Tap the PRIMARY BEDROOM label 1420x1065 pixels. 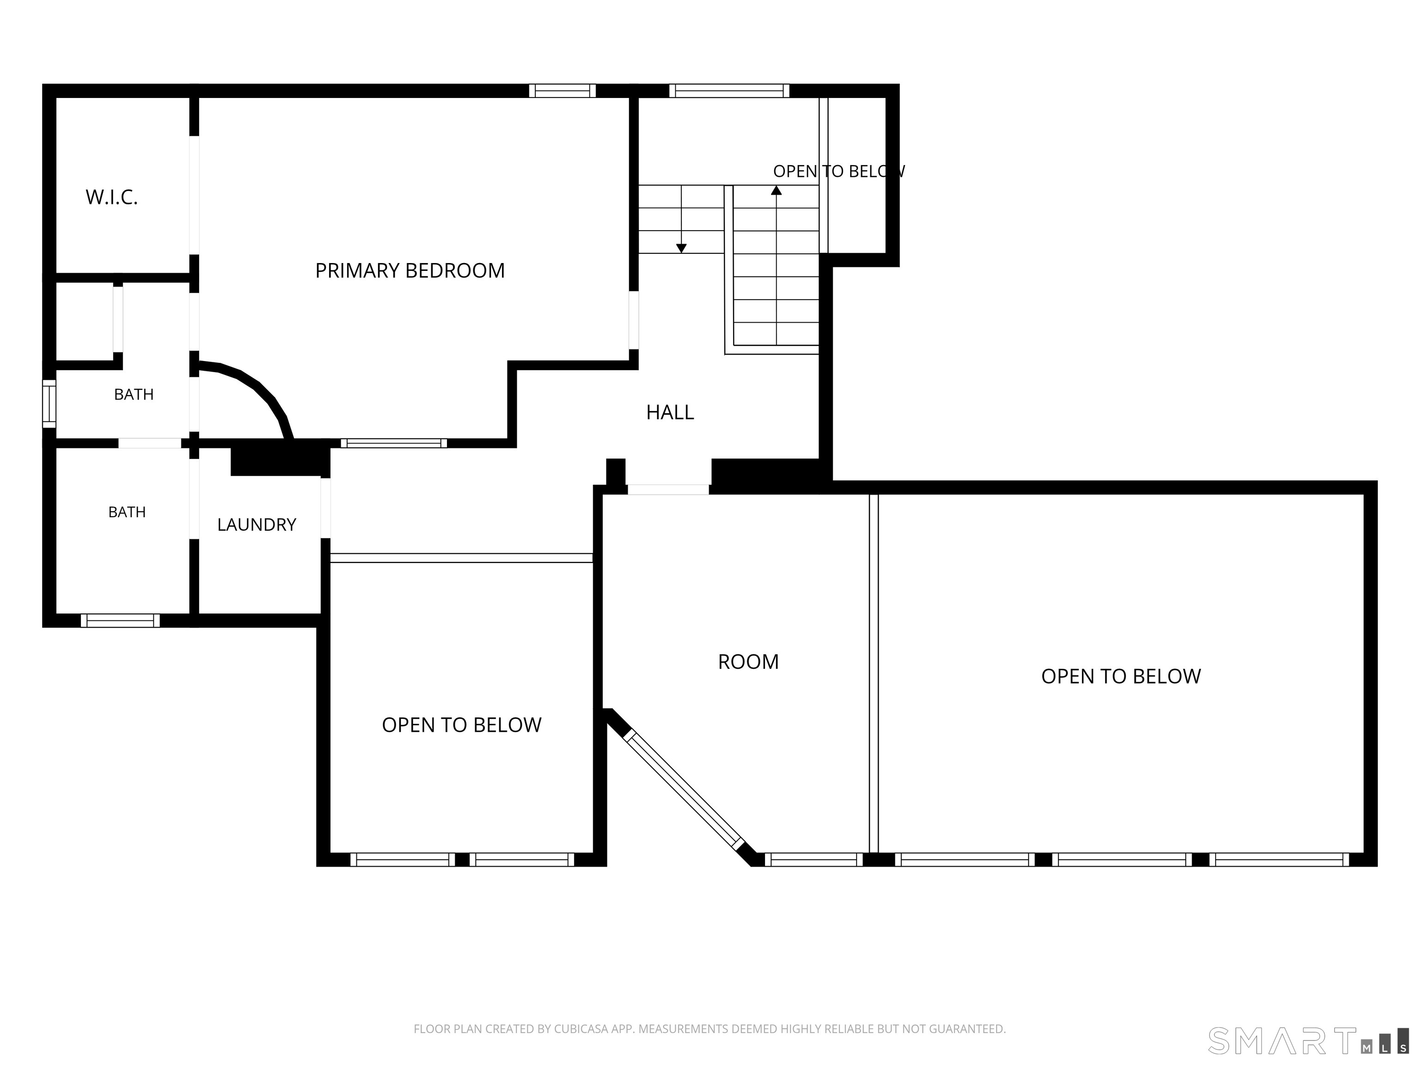click(410, 270)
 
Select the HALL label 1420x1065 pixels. click(670, 412)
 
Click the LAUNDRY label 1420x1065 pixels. click(256, 525)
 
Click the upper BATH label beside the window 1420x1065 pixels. click(134, 394)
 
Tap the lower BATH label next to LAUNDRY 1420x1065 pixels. click(127, 512)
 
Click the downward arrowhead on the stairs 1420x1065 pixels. click(681, 248)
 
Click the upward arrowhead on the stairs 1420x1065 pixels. click(776, 190)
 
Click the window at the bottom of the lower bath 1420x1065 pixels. click(120, 620)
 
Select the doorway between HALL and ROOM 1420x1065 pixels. click(668, 489)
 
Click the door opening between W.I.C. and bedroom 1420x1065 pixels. click(194, 195)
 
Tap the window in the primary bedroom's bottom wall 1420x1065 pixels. click(393, 443)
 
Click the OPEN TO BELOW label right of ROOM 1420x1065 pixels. click(1120, 676)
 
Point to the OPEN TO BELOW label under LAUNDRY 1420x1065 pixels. click(462, 725)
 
